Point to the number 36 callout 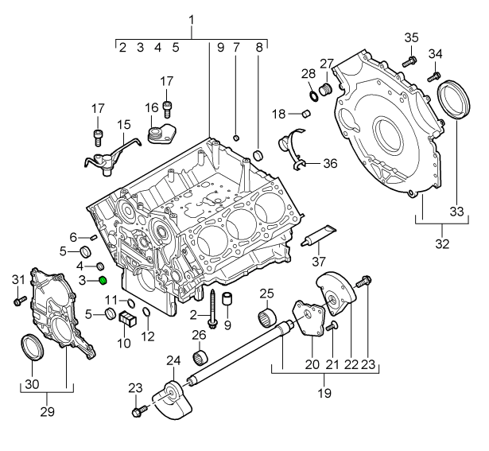330,164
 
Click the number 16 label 151,107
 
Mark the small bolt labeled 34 434,76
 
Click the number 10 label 123,344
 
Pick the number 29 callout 47,413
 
